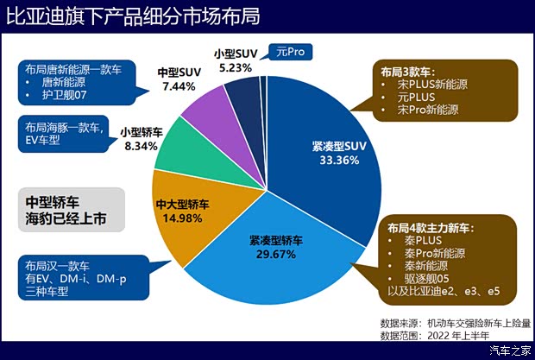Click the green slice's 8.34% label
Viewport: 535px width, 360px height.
tap(139, 147)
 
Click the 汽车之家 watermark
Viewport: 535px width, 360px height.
tap(510, 350)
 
